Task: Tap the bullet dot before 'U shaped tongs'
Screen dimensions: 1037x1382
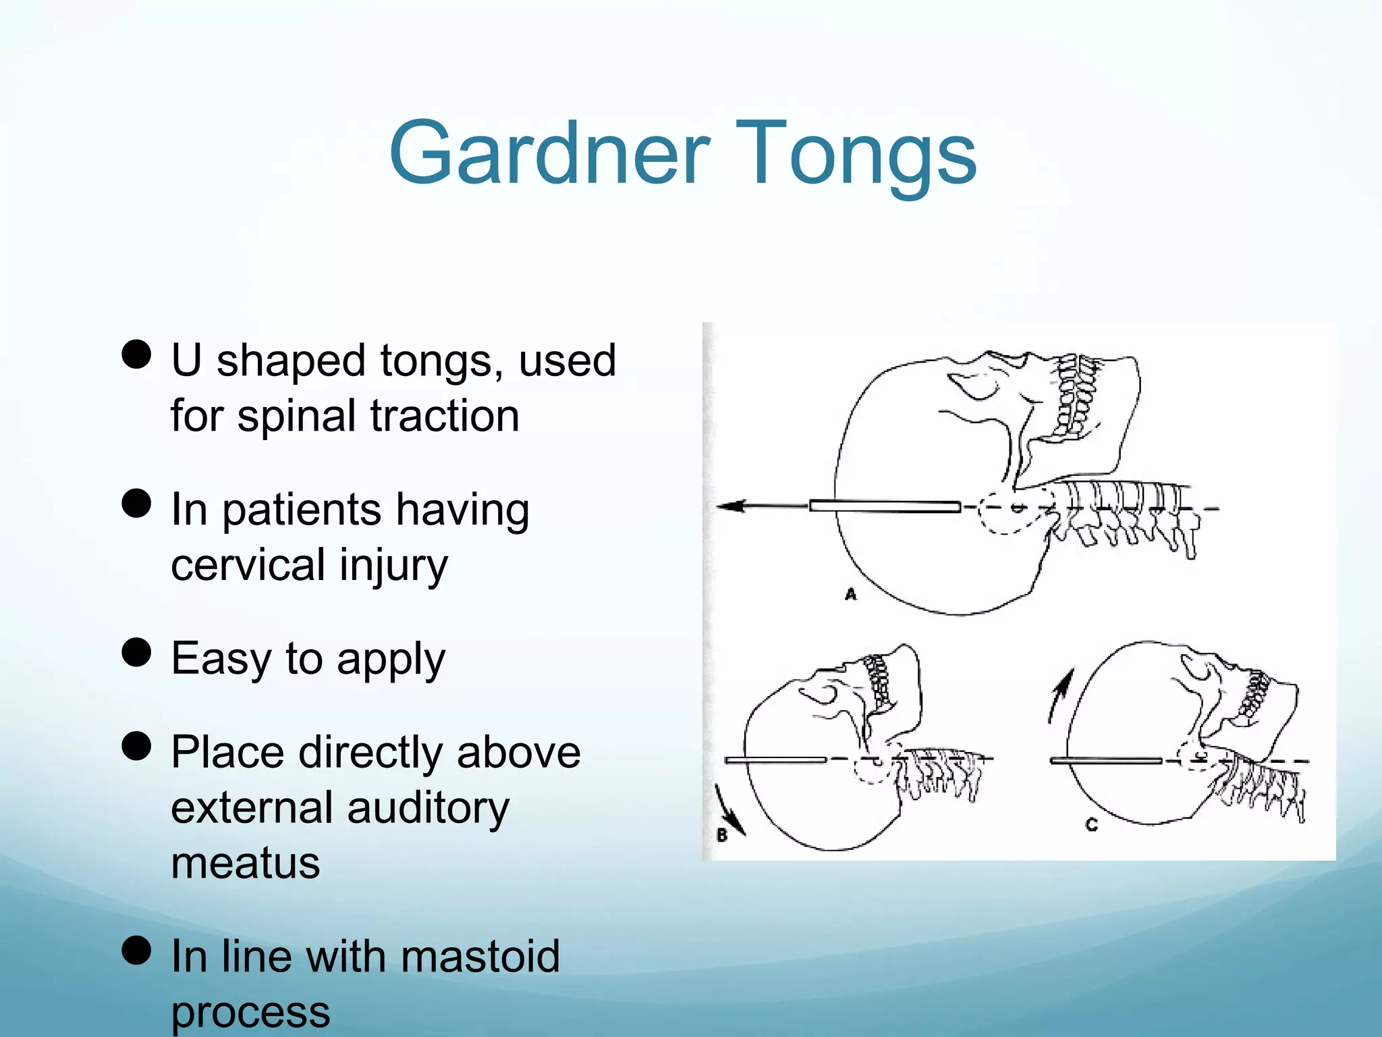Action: point(136,354)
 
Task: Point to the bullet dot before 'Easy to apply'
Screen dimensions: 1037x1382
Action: point(136,652)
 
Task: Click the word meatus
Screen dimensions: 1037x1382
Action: point(245,863)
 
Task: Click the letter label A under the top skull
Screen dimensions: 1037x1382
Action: point(851,594)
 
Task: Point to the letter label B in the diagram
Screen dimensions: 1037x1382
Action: point(722,835)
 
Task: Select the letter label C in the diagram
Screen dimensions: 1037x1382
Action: point(1092,824)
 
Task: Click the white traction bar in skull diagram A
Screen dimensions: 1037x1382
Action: point(885,506)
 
